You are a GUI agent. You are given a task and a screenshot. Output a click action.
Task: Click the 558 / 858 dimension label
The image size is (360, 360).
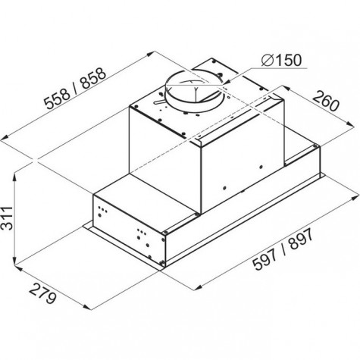(75, 89)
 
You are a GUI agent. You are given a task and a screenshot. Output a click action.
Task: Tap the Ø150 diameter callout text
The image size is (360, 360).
(281, 60)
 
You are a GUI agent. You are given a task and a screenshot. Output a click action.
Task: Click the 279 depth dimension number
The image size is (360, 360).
(42, 293)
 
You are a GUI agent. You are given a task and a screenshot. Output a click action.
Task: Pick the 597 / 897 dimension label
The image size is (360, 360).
(283, 249)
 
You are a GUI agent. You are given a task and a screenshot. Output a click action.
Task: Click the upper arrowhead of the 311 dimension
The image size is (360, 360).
(15, 177)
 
